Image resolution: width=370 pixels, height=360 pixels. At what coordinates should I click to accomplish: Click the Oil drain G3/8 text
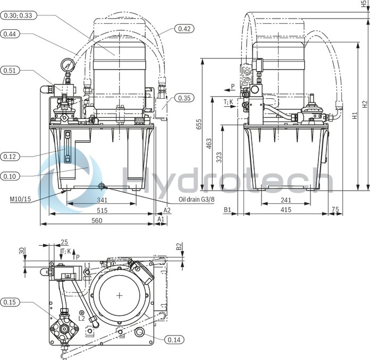(196, 200)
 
